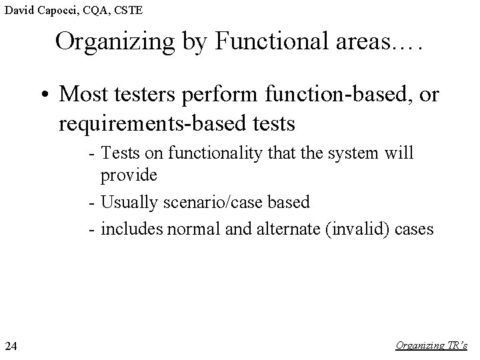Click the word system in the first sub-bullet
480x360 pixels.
pos(361,154)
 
